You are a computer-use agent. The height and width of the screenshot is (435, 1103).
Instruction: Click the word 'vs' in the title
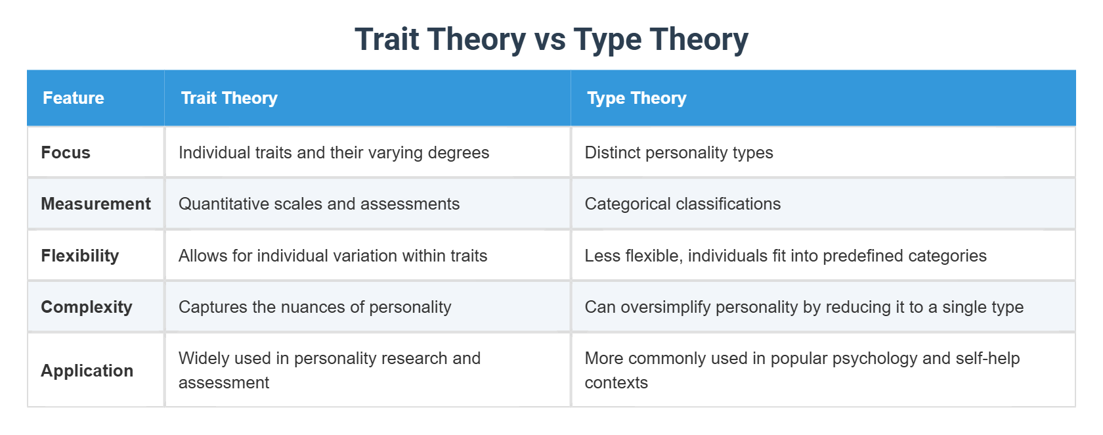coord(550,39)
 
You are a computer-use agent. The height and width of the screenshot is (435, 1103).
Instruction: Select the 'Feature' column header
coord(74,99)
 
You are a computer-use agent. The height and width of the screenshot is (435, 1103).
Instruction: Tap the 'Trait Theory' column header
coord(229,99)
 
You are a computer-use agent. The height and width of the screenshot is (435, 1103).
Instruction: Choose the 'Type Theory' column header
coord(636,99)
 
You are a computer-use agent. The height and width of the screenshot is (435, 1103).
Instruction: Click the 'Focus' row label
coord(66,153)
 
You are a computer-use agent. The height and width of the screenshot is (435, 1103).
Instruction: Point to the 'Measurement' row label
coord(96,204)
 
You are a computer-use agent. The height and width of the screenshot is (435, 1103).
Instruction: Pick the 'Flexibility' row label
coord(80,256)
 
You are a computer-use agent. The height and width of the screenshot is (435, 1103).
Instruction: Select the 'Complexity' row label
coord(87,307)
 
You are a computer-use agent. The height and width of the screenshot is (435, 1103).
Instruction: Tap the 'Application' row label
coord(87,371)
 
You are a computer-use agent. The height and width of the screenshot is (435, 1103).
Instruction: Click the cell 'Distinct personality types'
coord(679,153)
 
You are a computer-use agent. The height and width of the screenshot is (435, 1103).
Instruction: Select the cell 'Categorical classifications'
coord(683,204)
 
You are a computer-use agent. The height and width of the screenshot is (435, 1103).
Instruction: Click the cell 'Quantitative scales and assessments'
coord(319,204)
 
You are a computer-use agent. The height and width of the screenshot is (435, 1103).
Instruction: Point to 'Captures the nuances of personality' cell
coord(315,307)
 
